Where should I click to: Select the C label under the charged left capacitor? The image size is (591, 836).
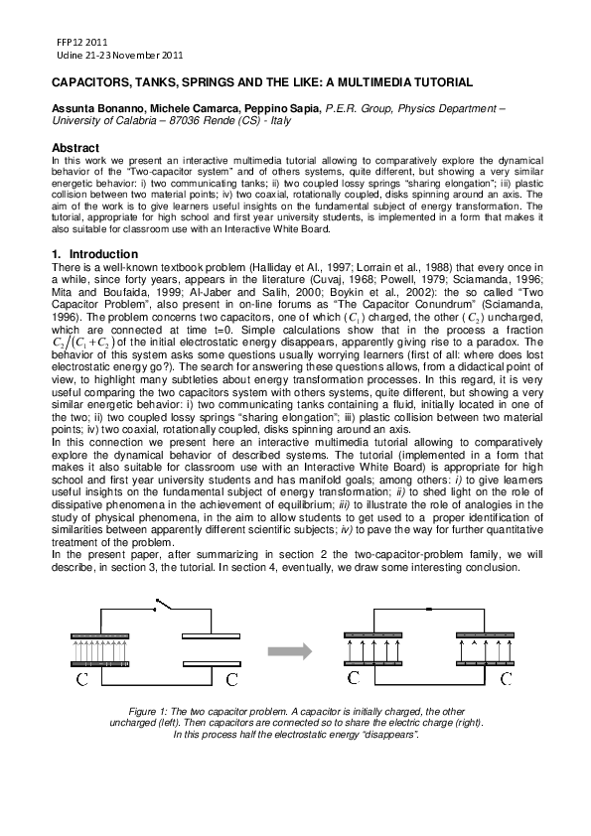coord(83,680)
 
